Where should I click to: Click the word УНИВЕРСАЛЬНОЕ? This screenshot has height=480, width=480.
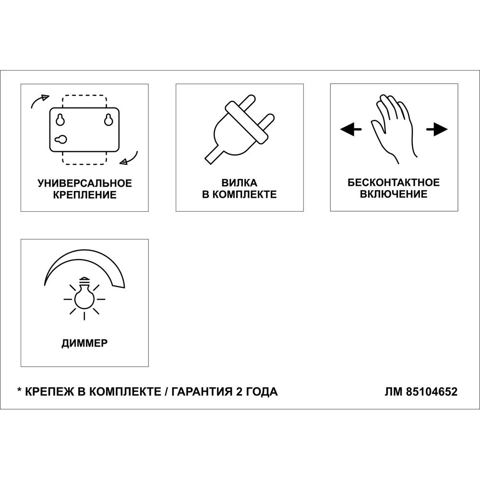click(84, 183)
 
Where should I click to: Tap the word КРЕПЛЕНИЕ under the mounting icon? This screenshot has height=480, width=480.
click(84, 195)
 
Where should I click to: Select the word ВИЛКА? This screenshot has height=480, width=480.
click(239, 183)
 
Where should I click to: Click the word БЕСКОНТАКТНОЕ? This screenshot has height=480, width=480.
click(394, 182)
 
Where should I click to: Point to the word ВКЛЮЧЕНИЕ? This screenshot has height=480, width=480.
click(394, 194)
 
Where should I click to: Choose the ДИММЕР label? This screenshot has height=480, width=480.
click(84, 343)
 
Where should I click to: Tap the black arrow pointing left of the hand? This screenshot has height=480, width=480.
click(351, 129)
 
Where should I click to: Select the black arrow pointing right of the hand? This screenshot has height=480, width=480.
click(437, 129)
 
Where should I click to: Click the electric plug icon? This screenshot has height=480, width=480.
click(239, 127)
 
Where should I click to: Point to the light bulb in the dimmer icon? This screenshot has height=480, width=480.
click(84, 296)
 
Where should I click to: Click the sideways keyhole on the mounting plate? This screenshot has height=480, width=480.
click(61, 140)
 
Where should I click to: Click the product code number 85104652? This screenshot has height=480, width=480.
click(432, 392)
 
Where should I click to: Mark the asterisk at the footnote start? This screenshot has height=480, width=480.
click(19, 391)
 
